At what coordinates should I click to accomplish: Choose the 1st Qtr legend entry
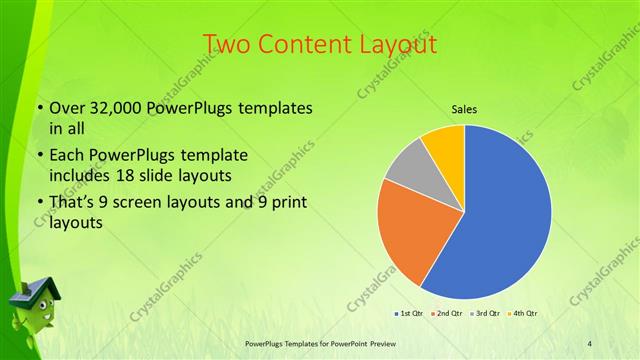coord(408,314)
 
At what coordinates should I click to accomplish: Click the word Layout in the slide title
coord(395,44)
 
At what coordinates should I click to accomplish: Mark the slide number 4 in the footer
coord(590,343)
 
